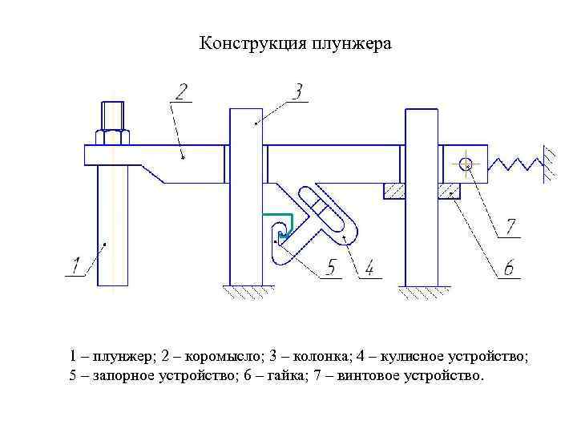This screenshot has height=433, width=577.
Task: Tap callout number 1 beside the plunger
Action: click(76, 265)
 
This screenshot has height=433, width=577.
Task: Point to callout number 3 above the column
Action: click(297, 91)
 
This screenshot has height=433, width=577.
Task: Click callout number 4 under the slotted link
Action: click(369, 268)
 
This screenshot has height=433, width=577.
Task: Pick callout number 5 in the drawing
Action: click(331, 268)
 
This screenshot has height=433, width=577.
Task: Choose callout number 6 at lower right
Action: click(507, 268)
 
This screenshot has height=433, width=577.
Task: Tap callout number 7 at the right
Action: click(510, 226)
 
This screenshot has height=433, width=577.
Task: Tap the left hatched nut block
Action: click(393, 190)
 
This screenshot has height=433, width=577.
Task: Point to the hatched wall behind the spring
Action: click(551, 164)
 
